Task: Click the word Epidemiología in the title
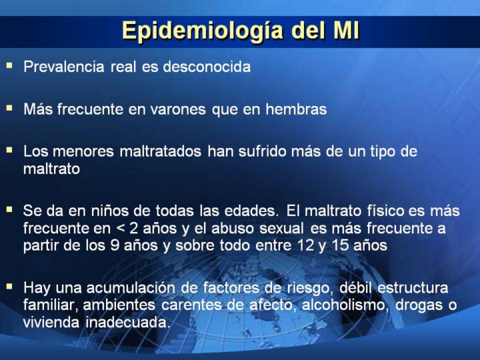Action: click(203, 31)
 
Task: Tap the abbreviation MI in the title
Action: click(346, 30)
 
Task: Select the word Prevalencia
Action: click(64, 67)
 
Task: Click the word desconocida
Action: click(207, 67)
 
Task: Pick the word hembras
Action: click(296, 109)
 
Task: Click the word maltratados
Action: click(160, 151)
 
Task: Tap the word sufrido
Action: click(261, 151)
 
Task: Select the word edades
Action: click(251, 211)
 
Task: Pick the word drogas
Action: click(417, 305)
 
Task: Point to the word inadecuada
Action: click(127, 322)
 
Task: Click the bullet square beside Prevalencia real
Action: click(9, 65)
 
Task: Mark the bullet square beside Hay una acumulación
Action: click(9, 287)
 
